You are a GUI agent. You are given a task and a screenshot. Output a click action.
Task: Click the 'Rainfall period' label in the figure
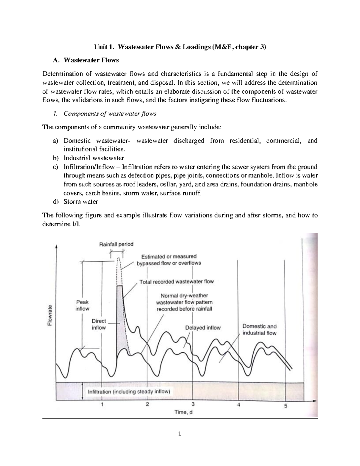116,244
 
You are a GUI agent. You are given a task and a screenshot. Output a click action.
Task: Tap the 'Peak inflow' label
82,305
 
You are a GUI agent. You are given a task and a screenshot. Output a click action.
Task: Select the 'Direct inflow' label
99,324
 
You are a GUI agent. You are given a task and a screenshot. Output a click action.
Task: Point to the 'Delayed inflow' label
203,328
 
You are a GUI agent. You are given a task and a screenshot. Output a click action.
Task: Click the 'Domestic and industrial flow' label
259,329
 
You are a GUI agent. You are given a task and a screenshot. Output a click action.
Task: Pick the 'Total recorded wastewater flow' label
176,282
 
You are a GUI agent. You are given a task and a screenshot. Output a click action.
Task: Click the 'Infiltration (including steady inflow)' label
129,392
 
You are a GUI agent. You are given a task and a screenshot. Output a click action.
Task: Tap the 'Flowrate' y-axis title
50,315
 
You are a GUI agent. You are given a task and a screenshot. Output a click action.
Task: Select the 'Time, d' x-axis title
183,412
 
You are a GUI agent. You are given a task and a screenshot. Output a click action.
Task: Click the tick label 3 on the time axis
193,404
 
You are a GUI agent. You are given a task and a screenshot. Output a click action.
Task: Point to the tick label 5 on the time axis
286,406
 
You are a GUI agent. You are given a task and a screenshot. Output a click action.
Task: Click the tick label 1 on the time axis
102,404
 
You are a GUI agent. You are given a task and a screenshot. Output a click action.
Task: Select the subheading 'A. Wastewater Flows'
85,60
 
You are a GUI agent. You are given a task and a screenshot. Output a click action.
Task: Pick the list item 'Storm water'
81,202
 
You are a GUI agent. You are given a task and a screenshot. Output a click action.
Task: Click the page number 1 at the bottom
180,434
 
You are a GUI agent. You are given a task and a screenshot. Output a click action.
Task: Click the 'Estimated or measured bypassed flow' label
169,260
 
